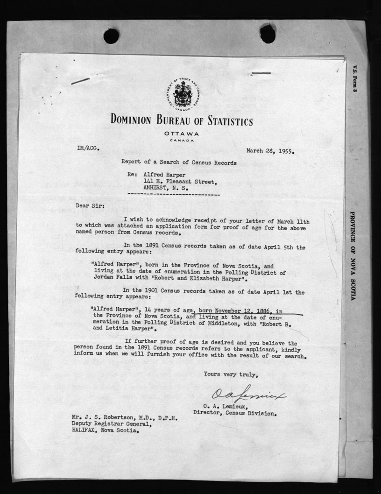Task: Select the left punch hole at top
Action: pyautogui.click(x=111, y=36)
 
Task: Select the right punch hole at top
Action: pyautogui.click(x=268, y=34)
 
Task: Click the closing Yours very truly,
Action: pyautogui.click(x=231, y=374)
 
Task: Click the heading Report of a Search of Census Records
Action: pyautogui.click(x=179, y=163)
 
